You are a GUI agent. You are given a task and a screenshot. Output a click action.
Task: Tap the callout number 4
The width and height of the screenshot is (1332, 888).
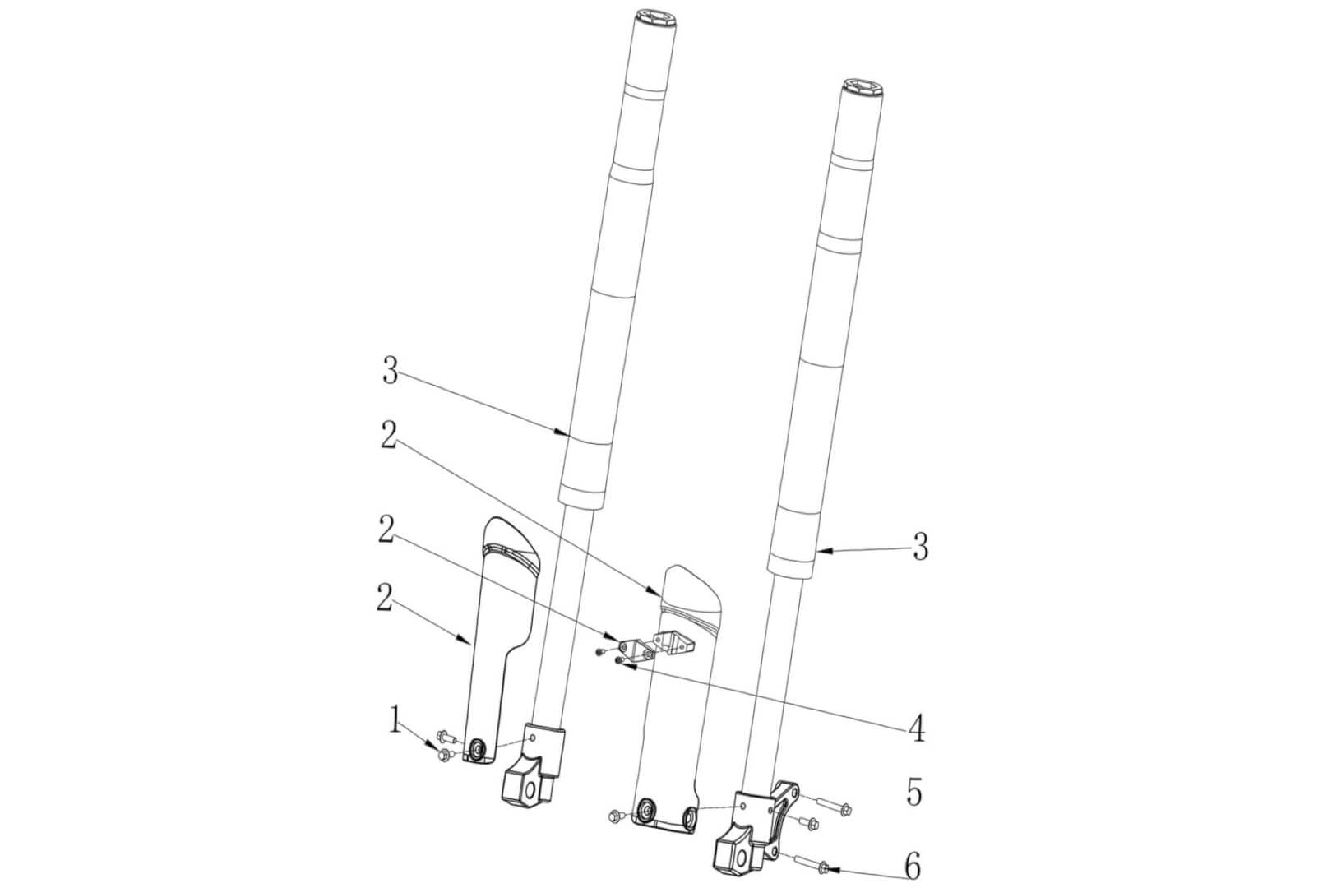(x=916, y=728)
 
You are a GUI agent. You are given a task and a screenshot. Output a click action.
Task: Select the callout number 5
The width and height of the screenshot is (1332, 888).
(x=914, y=793)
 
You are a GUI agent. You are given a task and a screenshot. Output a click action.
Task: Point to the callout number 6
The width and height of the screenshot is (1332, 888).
(x=913, y=865)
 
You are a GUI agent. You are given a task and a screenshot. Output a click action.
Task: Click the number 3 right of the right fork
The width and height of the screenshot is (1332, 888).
(x=920, y=546)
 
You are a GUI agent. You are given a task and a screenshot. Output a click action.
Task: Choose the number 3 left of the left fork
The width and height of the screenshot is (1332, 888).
(x=391, y=372)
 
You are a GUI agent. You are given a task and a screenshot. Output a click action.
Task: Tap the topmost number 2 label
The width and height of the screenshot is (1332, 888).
(x=390, y=436)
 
